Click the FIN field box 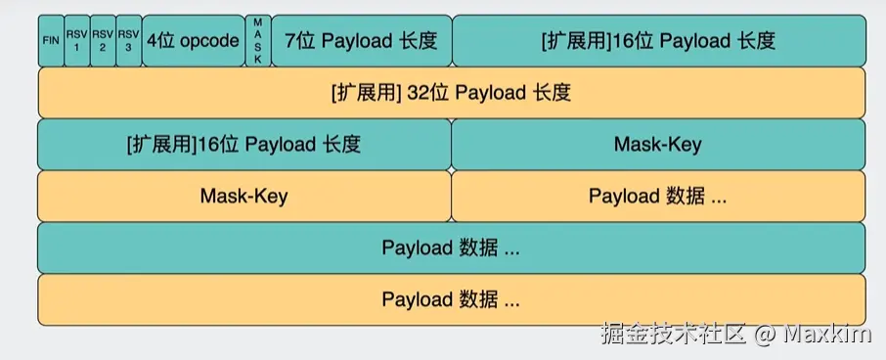tap(51, 40)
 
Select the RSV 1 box tap(77, 40)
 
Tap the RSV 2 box tap(103, 40)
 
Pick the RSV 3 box tap(128, 40)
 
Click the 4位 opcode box tap(193, 40)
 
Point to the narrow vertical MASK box tap(257, 40)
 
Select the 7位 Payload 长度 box tap(361, 40)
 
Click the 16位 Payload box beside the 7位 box tap(658, 40)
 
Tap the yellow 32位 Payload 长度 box tap(451, 93)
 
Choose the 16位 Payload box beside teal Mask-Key tap(244, 145)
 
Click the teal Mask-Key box tap(658, 145)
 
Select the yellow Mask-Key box tap(244, 196)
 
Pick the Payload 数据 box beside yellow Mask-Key tap(658, 196)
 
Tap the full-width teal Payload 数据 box tap(451, 247)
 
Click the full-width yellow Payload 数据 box tap(451, 299)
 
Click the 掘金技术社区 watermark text tap(675, 334)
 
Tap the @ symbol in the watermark tap(766, 334)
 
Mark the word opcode tap(209, 40)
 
